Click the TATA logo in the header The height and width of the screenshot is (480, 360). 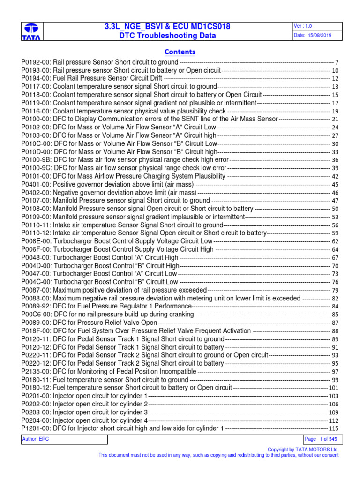point(31,31)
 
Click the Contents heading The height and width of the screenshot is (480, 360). point(180,52)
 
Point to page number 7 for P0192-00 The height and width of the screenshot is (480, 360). point(337,62)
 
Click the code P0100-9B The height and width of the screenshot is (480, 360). point(36,160)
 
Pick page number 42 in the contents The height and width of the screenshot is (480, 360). point(335,176)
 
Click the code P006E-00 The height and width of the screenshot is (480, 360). point(36,241)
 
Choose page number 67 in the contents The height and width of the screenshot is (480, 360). point(335,257)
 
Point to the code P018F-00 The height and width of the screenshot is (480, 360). point(36,330)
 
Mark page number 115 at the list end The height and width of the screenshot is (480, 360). point(333,428)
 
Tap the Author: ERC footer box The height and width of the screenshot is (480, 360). point(64,439)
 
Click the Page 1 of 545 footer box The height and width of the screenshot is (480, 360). point(322,439)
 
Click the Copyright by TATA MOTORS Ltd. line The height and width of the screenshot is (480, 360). point(303,449)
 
